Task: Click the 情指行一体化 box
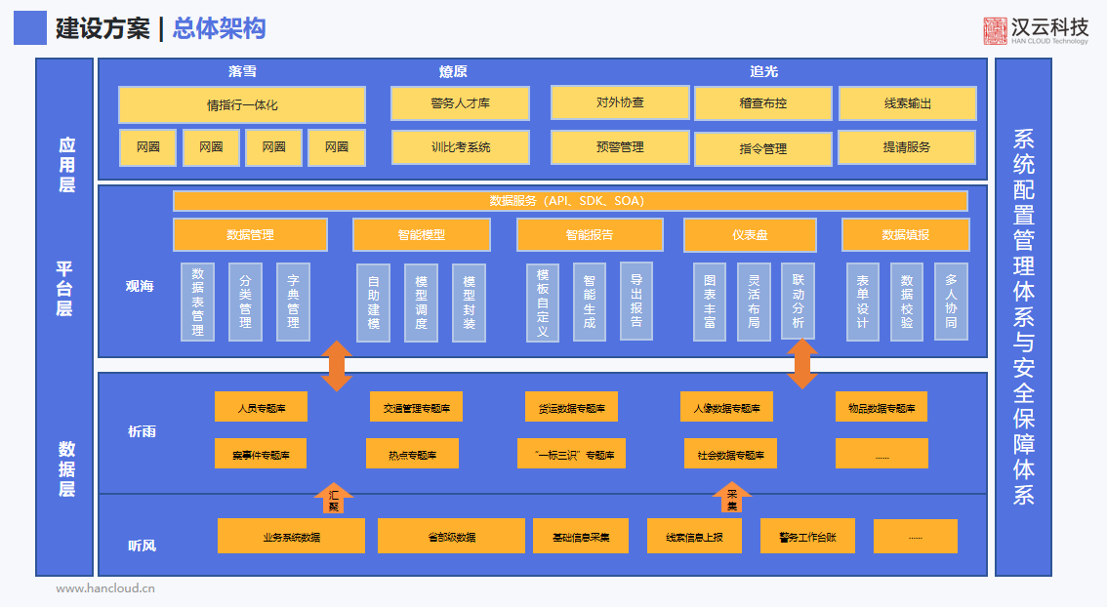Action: point(242,104)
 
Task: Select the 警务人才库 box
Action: point(460,103)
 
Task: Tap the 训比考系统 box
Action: point(460,147)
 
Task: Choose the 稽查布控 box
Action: point(762,103)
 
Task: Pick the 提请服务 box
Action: point(906,147)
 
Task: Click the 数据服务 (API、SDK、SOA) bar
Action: point(570,201)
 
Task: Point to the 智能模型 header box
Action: point(421,235)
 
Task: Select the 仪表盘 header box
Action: point(750,235)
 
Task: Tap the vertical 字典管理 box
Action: point(293,302)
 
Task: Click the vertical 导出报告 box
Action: point(635,301)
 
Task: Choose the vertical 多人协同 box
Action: point(951,302)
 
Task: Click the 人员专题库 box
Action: point(261,408)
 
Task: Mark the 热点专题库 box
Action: point(411,454)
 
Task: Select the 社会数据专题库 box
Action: point(730,454)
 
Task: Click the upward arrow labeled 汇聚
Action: point(334,498)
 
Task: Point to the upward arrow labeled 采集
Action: point(732,498)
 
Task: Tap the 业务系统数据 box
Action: point(291,536)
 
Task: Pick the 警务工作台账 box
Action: point(807,536)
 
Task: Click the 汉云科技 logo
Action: point(1036,30)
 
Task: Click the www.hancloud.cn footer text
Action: point(105,588)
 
